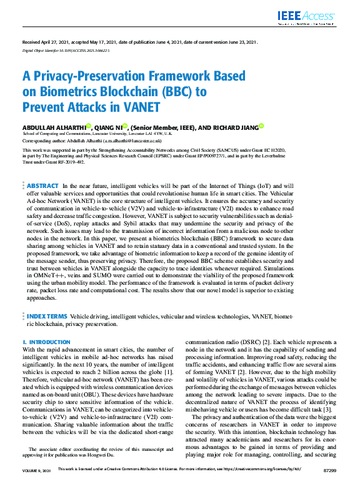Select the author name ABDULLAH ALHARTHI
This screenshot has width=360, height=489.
(53, 126)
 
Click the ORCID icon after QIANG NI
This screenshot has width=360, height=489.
(125, 126)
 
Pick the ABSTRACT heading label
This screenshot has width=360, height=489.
(43, 185)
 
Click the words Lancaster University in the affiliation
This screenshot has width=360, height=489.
(117, 134)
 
